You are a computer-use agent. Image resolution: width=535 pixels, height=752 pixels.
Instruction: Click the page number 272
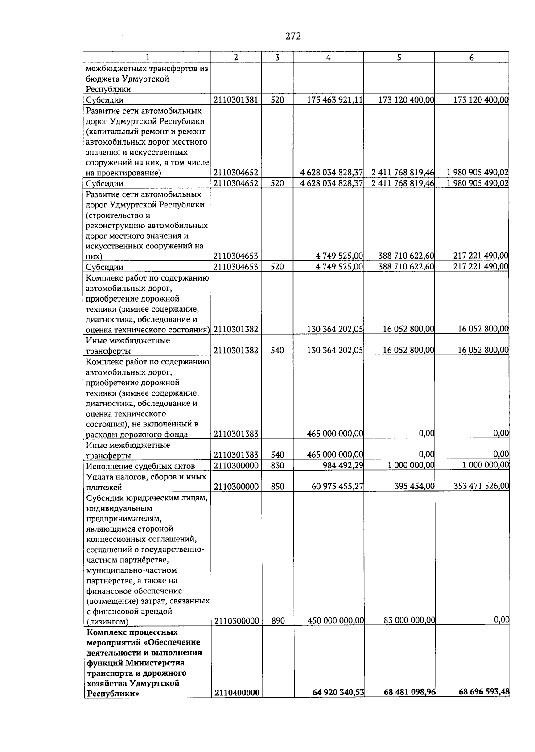pyautogui.click(x=293, y=37)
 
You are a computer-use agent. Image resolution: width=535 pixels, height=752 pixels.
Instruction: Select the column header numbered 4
pyautogui.click(x=328, y=57)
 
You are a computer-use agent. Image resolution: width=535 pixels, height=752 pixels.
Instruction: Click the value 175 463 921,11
pyautogui.click(x=335, y=100)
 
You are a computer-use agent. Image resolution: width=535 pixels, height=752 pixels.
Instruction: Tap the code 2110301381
pyautogui.click(x=236, y=100)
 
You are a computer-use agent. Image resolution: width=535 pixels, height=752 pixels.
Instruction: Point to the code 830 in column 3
pyautogui.click(x=277, y=465)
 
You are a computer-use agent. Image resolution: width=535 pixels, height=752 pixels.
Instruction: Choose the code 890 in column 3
pyautogui.click(x=278, y=620)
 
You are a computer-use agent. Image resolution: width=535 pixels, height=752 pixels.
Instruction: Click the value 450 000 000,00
pyautogui.click(x=336, y=620)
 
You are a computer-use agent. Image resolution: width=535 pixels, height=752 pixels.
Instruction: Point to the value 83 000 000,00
pyautogui.click(x=409, y=620)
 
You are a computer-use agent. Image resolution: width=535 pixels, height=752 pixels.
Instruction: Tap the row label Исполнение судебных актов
pyautogui.click(x=140, y=466)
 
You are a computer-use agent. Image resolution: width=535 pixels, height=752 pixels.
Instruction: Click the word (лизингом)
pyautogui.click(x=107, y=622)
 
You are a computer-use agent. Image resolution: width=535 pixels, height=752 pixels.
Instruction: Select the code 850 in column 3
pyautogui.click(x=277, y=487)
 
